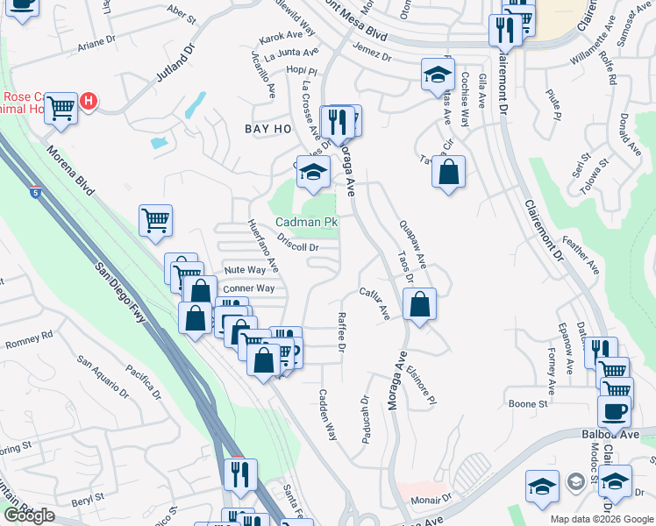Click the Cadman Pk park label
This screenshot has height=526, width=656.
tap(307, 224)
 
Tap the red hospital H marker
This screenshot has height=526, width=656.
tap(88, 103)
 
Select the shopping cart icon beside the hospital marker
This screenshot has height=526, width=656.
tap(61, 109)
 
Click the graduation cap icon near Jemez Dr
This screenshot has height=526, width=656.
tap(437, 75)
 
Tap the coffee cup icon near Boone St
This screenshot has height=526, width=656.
tap(614, 410)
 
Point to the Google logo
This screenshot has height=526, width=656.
tap(29, 515)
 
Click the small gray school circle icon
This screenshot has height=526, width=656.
tap(575, 481)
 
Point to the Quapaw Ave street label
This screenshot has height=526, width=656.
tap(412, 244)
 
